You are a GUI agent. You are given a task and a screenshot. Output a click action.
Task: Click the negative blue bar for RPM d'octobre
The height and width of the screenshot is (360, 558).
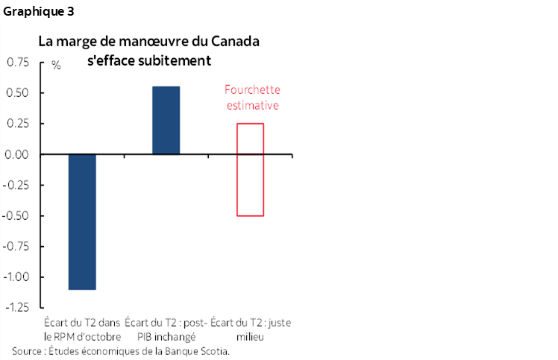(x=82, y=221)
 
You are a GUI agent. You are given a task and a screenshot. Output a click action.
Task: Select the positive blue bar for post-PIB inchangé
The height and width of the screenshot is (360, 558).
(x=166, y=121)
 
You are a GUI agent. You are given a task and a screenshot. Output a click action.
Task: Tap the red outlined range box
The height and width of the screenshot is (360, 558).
(x=250, y=169)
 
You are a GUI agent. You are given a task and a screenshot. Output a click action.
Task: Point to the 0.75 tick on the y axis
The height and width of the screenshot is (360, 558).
(x=17, y=63)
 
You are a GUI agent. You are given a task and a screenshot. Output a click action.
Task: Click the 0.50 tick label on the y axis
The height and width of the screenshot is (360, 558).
(x=17, y=93)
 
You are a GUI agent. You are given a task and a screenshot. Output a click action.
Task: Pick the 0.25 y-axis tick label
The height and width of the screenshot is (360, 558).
(x=17, y=124)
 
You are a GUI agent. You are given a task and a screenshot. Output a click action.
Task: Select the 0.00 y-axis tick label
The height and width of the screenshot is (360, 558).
(x=17, y=155)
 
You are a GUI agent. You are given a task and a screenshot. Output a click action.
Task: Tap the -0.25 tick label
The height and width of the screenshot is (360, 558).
(x=15, y=186)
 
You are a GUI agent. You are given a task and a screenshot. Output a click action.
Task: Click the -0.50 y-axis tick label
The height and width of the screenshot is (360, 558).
(x=15, y=216)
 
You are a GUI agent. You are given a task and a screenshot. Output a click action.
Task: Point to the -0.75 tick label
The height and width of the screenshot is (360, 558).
(x=15, y=247)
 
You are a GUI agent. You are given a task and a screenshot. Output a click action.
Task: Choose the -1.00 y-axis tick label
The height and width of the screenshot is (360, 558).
(x=15, y=277)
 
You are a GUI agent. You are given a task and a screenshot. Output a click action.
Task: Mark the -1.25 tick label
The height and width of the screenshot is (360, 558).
(x=15, y=308)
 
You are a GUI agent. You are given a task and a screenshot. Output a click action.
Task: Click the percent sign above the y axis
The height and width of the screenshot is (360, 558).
(x=56, y=65)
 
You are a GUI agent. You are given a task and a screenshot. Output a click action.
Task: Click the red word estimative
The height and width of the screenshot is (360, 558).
(x=252, y=106)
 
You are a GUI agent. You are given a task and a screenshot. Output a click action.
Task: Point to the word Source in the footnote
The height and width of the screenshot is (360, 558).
(x=27, y=350)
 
